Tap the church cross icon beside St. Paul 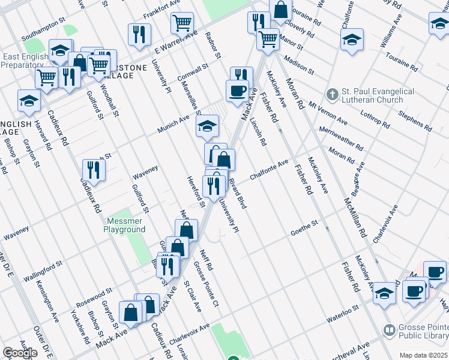(331, 95)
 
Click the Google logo (20, 353)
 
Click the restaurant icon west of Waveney (94, 170)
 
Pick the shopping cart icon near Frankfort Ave (182, 23)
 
